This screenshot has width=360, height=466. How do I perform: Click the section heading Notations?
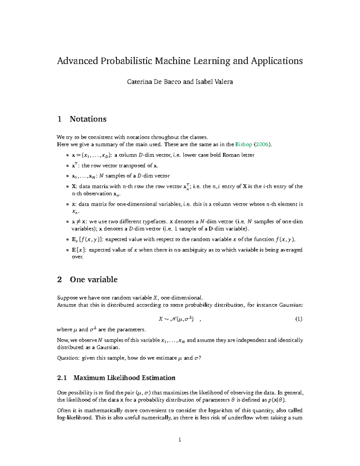(88, 119)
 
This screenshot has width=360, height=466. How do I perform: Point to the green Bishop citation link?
(244, 145)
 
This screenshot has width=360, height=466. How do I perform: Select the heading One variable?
(94, 280)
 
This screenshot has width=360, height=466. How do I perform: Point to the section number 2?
(59, 280)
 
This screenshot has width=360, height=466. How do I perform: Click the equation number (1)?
(298, 319)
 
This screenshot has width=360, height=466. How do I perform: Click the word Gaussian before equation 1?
(291, 305)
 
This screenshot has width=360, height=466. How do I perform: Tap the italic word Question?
(68, 358)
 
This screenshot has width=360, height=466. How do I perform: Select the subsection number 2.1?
(62, 378)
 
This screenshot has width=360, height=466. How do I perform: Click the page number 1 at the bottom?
(180, 440)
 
